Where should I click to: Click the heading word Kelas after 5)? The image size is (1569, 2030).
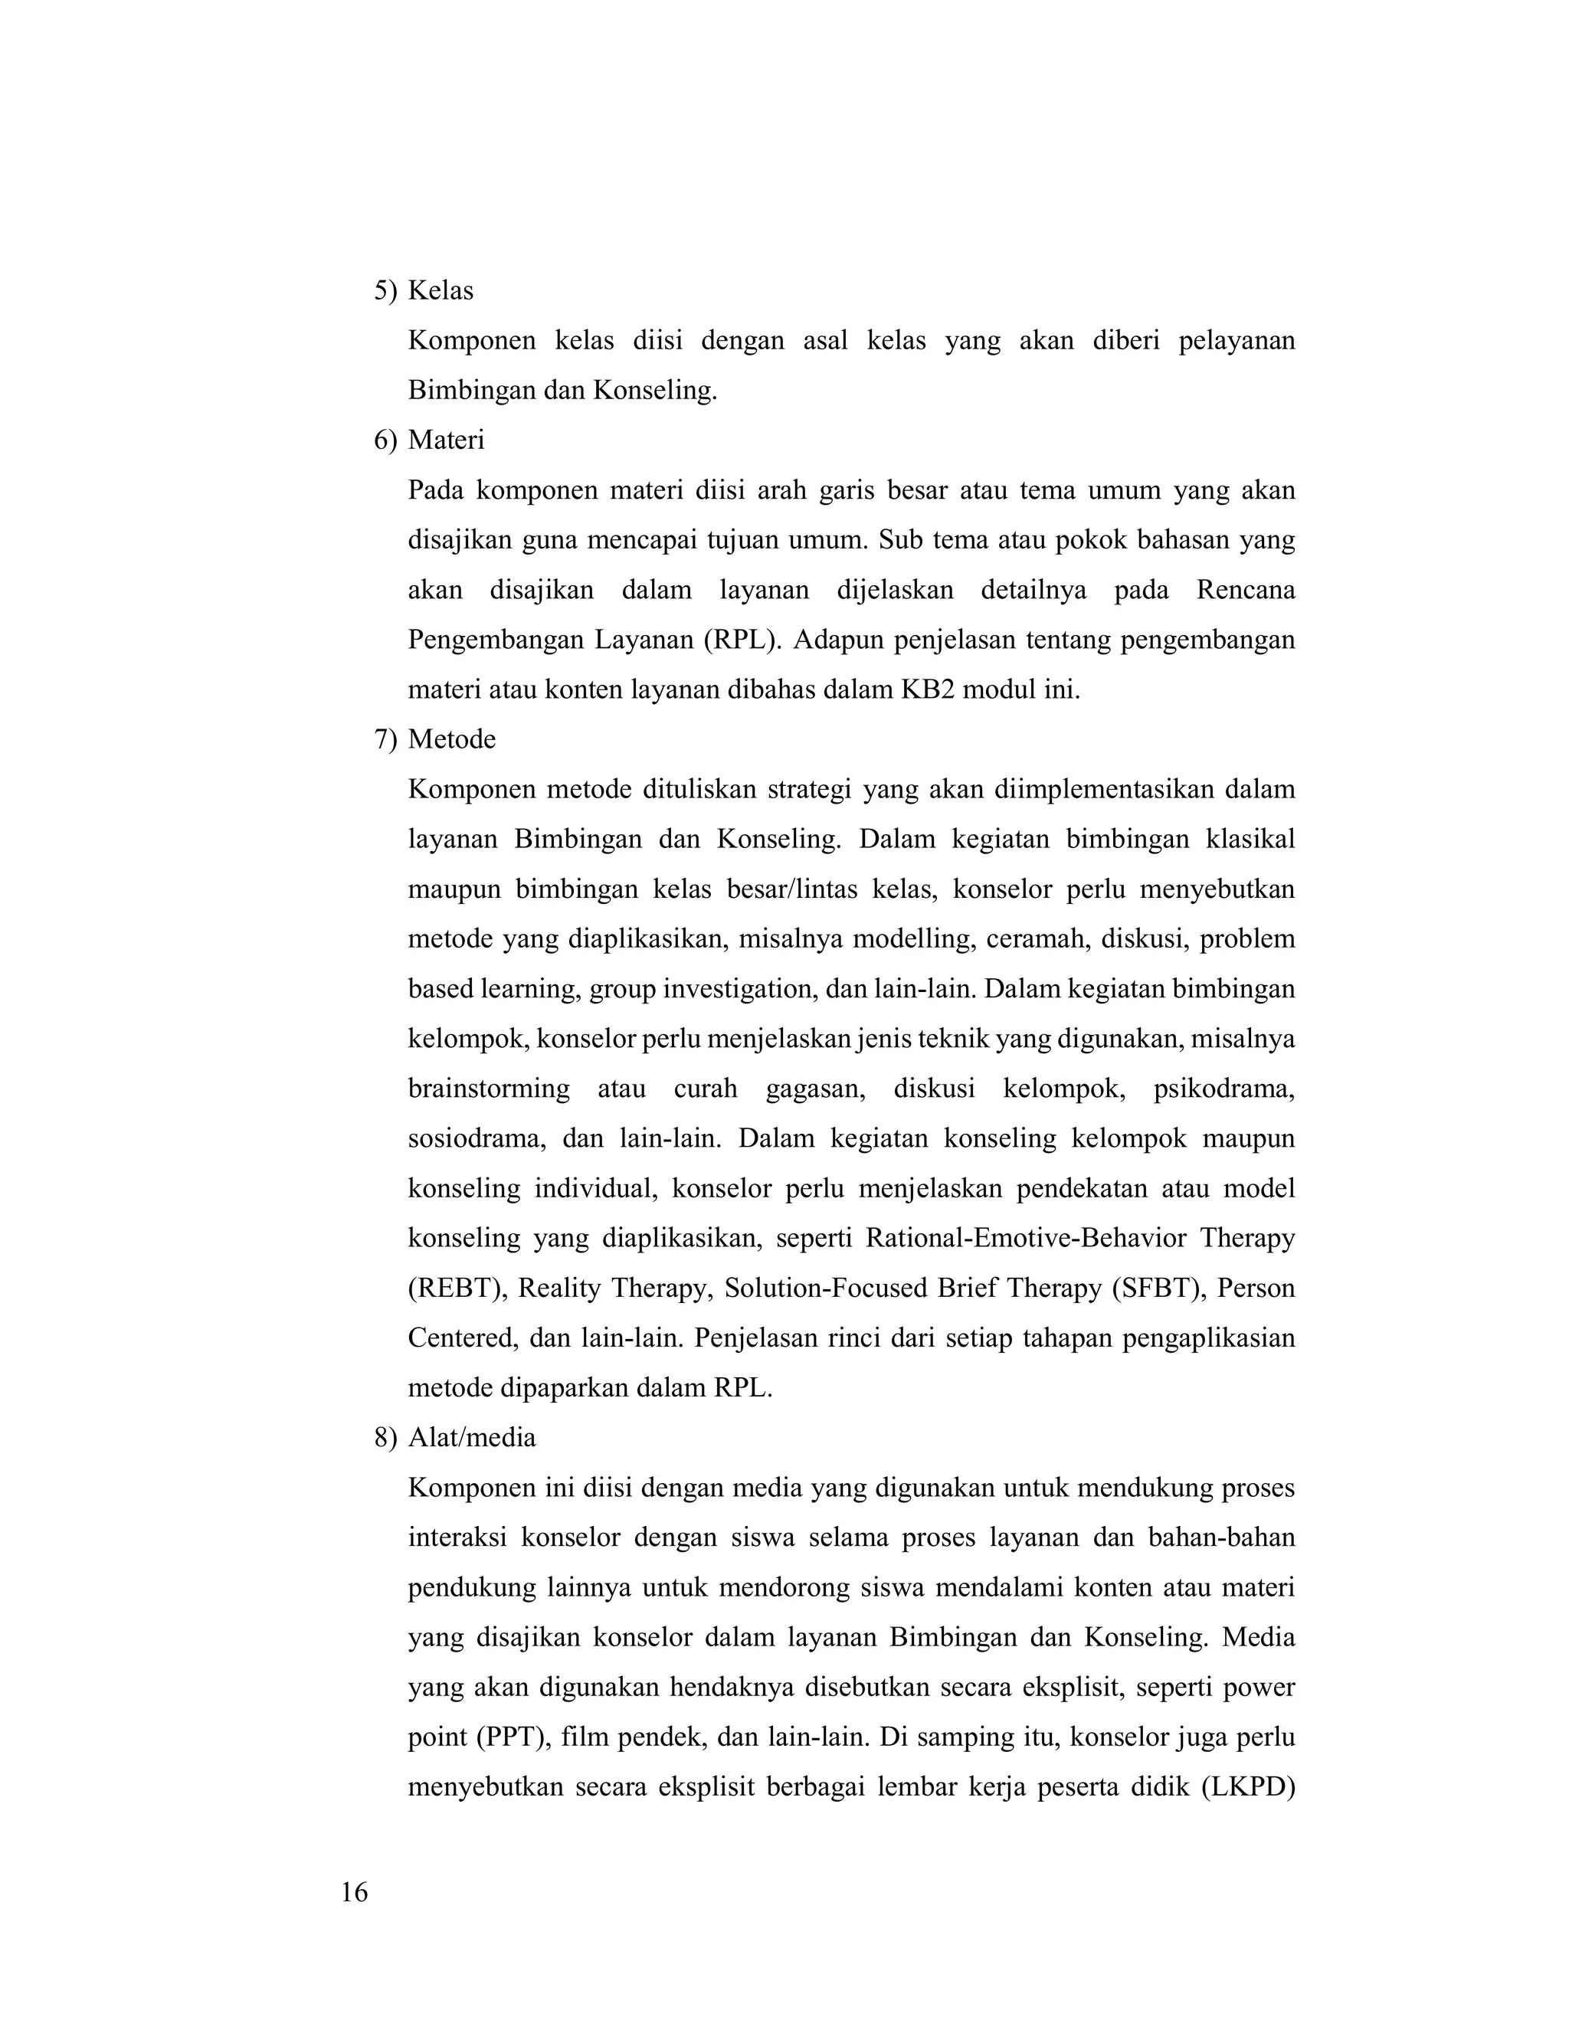click(441, 291)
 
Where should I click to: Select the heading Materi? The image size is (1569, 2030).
click(446, 440)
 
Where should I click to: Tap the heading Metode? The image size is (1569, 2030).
click(452, 739)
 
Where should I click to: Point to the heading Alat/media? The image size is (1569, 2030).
click(471, 1438)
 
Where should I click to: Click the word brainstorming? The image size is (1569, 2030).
click(489, 1089)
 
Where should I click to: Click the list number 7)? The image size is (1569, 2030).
click(385, 739)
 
